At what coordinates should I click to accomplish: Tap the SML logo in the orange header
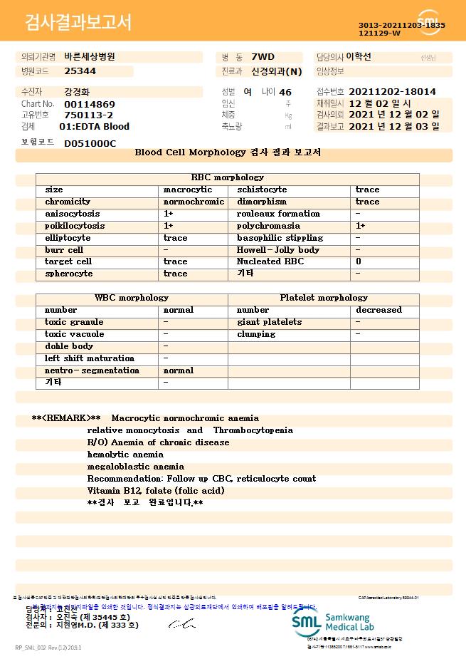tap(429, 22)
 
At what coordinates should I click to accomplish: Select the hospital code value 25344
tap(80, 71)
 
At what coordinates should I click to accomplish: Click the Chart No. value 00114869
tap(90, 104)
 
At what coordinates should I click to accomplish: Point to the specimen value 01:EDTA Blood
tap(94, 127)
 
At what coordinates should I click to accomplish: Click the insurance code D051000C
tap(90, 143)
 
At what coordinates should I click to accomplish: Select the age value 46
tap(285, 93)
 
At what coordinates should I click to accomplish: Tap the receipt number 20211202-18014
tap(393, 92)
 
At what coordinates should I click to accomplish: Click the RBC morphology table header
tap(228, 177)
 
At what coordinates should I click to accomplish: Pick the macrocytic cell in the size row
tap(188, 190)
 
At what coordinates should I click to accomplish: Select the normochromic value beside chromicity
tap(194, 202)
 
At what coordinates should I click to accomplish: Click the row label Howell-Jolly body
tap(278, 250)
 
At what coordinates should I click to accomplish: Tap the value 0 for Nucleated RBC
tap(359, 261)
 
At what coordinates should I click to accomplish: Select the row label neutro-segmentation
tap(92, 370)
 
